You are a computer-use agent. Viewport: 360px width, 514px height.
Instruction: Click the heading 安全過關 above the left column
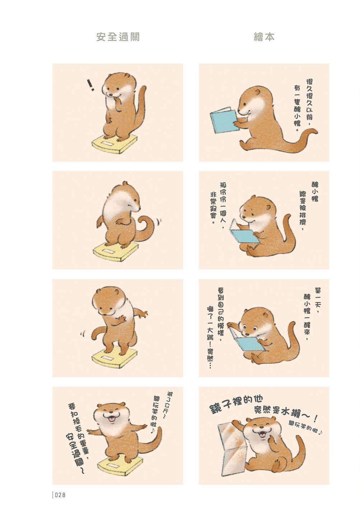click(x=118, y=37)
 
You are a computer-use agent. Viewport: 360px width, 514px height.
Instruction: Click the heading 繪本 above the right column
click(x=264, y=37)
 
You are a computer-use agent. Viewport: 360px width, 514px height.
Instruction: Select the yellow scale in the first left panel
click(x=115, y=143)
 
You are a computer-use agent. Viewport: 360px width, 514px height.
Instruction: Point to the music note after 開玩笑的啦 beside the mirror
click(x=321, y=432)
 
